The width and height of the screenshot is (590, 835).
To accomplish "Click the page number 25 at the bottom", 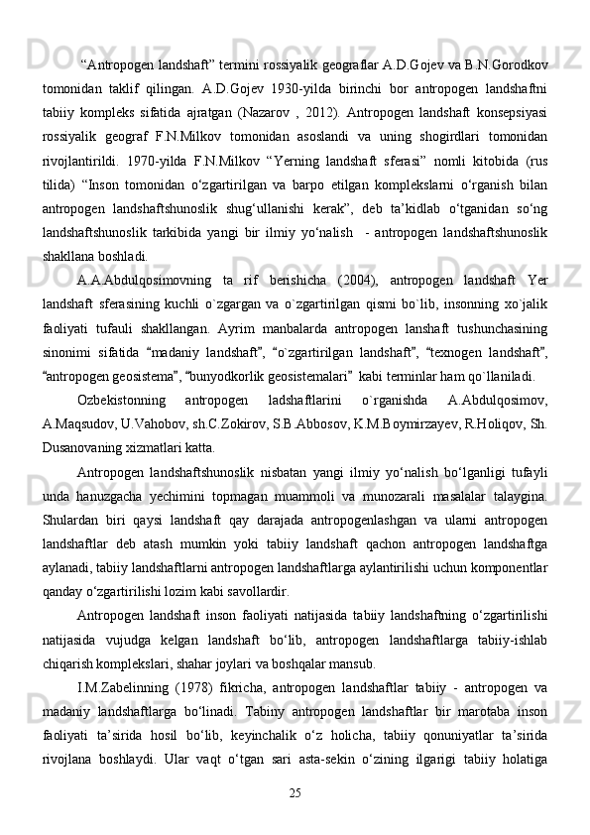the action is click(x=295, y=792).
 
